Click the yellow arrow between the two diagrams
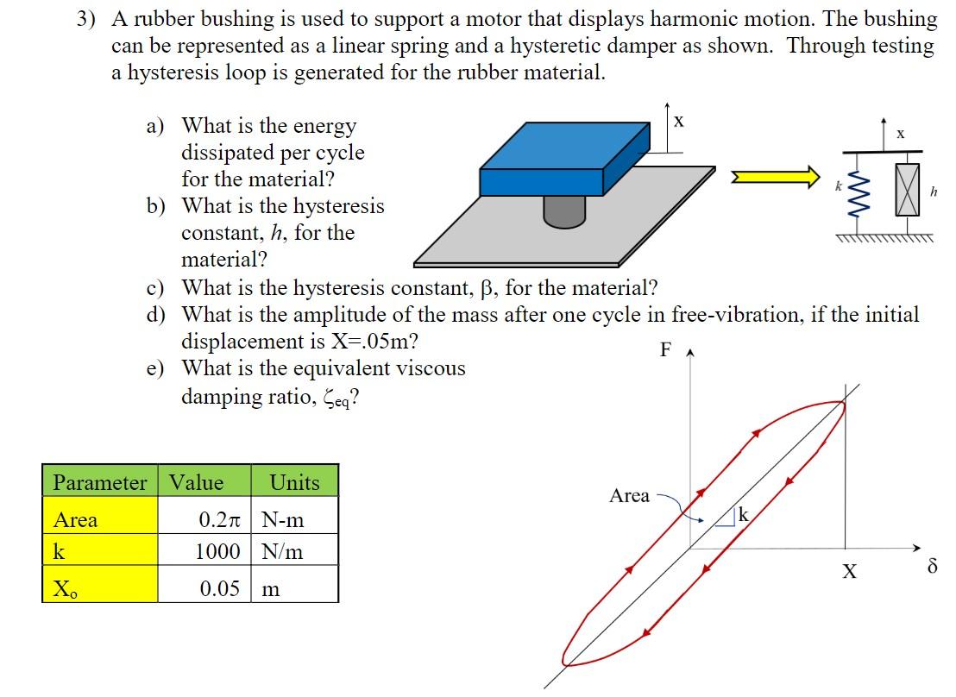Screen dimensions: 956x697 point(775,177)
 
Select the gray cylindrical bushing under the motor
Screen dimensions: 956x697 point(565,210)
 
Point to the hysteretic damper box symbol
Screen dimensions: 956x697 point(908,190)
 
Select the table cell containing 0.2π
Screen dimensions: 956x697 point(204,520)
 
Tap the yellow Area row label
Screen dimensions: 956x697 point(100,520)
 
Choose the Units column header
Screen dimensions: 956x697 point(294,483)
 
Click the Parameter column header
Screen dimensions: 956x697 point(100,483)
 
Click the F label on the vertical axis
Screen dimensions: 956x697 point(664,349)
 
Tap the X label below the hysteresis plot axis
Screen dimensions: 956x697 point(850,571)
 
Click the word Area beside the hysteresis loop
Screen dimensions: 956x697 point(629,496)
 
